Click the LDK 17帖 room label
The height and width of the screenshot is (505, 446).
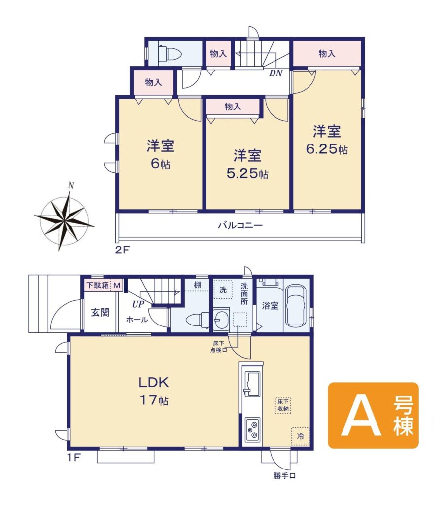point(153,391)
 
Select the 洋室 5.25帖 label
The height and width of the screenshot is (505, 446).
point(247,164)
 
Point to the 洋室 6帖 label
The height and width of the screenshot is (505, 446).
point(160,154)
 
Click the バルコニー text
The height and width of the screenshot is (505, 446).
point(240,225)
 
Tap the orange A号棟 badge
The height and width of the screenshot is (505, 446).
point(373,415)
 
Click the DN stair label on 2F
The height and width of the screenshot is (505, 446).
point(275,73)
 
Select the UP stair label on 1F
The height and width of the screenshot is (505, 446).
point(137,304)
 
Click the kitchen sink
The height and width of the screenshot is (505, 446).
point(252,384)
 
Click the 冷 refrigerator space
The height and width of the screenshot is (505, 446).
point(301,436)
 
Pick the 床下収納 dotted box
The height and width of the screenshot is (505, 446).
point(283,405)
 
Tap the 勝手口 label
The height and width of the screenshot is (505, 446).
point(284,476)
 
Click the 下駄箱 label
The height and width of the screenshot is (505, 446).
point(98,285)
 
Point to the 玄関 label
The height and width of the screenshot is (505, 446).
point(100,312)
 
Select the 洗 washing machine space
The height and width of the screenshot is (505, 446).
point(223,289)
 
